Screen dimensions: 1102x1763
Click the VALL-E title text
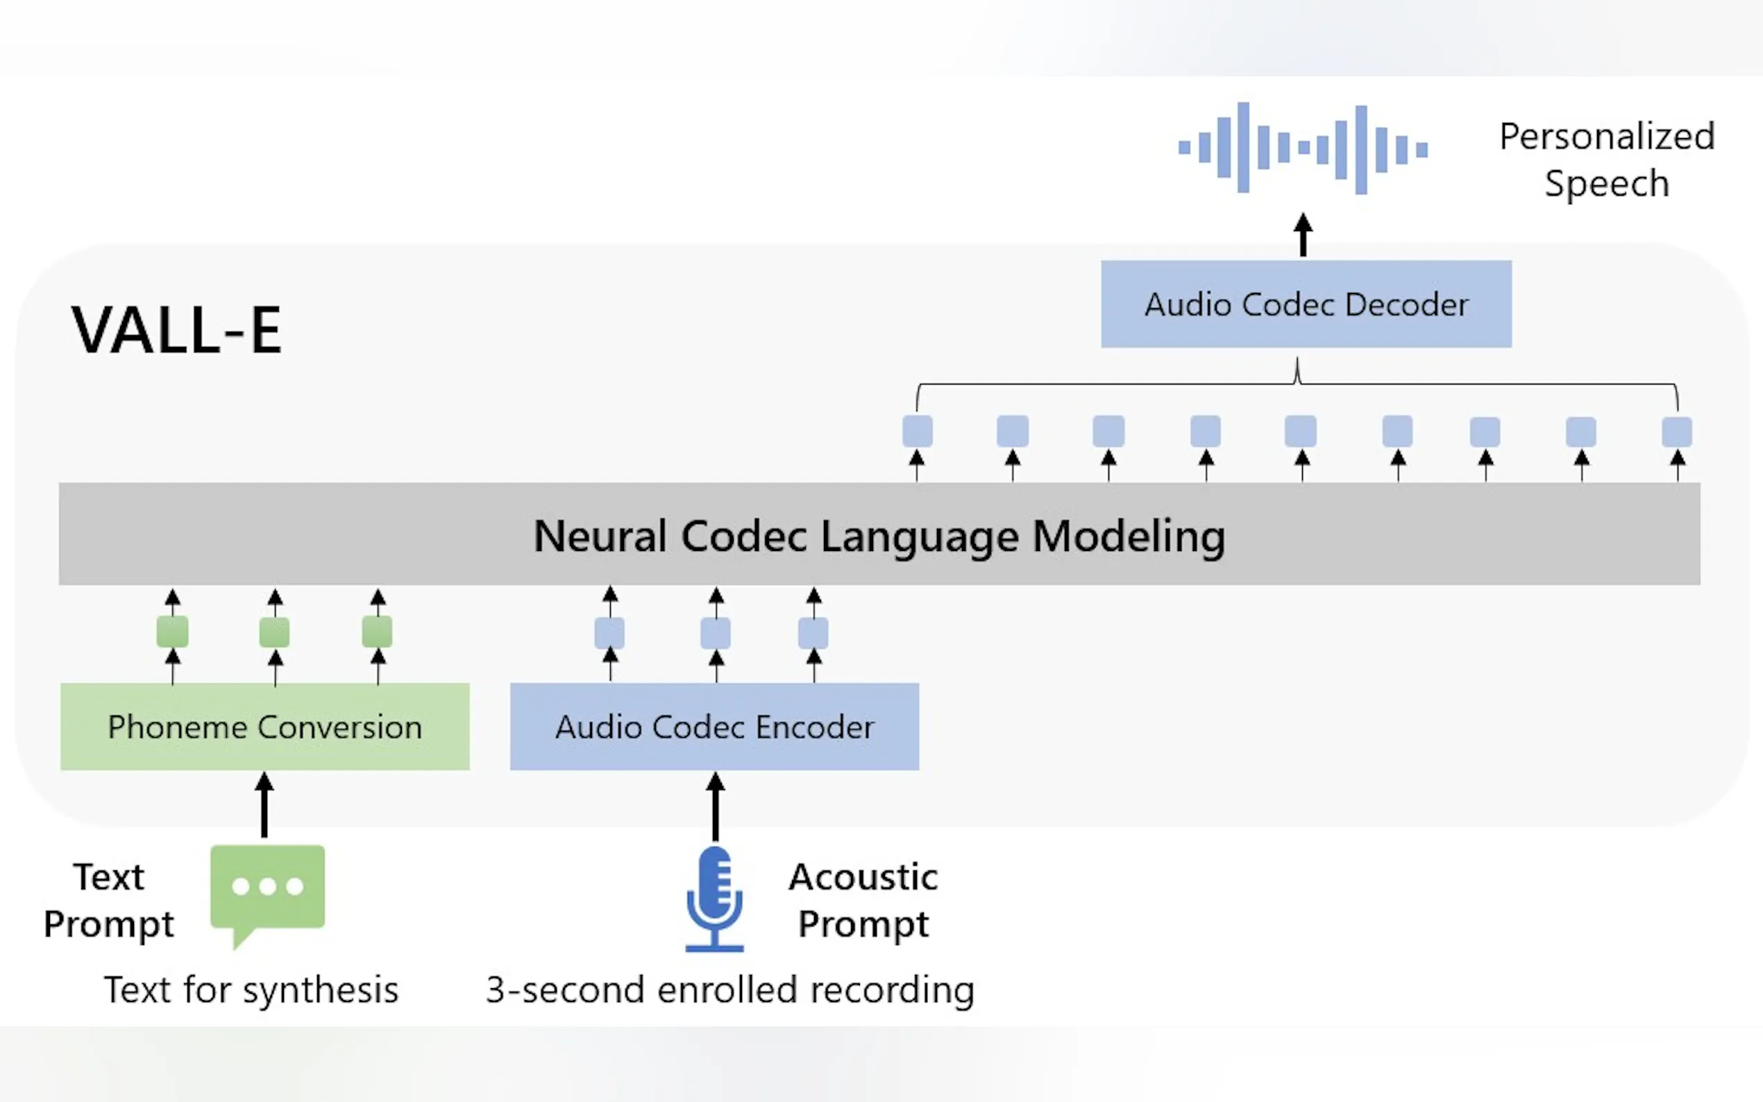176,330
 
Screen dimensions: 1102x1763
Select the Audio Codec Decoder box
1306,304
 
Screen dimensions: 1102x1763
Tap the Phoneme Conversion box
264,727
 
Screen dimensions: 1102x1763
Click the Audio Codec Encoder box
714,727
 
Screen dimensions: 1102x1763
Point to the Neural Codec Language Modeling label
879,536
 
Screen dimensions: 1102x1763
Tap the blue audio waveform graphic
1302,148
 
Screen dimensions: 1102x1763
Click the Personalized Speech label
1607,159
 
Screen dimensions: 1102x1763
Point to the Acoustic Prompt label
863,900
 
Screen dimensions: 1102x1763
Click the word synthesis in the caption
321,990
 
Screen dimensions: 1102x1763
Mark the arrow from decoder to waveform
1303,235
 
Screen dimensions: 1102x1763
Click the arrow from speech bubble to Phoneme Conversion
264,806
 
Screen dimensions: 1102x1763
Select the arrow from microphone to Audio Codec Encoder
716,807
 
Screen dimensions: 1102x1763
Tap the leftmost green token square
173,631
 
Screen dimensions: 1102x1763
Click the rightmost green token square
377,631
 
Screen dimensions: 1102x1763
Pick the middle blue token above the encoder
716,633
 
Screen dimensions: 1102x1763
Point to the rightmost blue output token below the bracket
1677,432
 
